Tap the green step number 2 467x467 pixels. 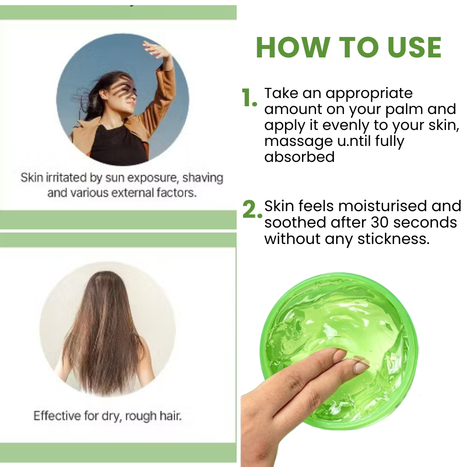(x=252, y=209)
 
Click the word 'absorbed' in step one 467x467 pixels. (x=299, y=157)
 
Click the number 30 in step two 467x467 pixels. (x=380, y=223)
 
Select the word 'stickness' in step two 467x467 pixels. (x=393, y=239)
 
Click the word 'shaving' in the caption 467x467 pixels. (x=202, y=177)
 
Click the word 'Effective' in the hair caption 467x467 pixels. (x=57, y=415)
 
